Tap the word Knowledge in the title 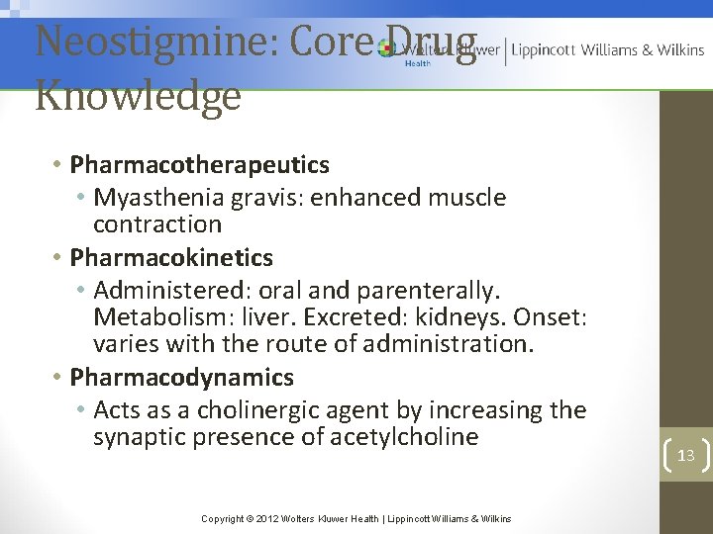[x=138, y=96]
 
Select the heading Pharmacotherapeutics [x=200, y=163]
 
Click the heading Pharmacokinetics [x=171, y=257]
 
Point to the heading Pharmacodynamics [x=182, y=377]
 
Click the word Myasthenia [x=159, y=197]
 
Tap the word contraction [x=157, y=223]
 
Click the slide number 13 [x=685, y=455]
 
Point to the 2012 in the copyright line [x=266, y=518]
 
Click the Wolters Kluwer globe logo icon [x=385, y=48]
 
